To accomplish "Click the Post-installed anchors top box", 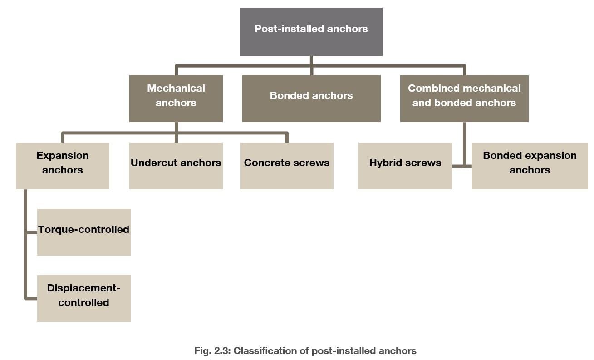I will pos(311,31).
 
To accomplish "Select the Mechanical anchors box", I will pos(176,99).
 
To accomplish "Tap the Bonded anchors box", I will pos(311,99).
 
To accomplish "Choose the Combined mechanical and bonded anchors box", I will pos(464,99).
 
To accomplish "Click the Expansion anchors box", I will pos(62,166).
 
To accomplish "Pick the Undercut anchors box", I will pos(176,166).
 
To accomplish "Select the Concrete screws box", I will pos(286,166).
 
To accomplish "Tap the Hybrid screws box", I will pos(405,166).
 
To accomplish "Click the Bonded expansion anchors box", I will pos(530,166).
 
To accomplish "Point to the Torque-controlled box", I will pos(83,232).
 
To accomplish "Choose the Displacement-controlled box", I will pos(83,298).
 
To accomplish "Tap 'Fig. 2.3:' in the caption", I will pos(212,351).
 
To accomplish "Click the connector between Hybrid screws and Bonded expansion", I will pos(461,166).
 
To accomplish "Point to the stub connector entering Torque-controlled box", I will pos(31,232).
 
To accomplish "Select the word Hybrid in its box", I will pos(384,163).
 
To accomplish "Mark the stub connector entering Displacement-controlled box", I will pos(31,299).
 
